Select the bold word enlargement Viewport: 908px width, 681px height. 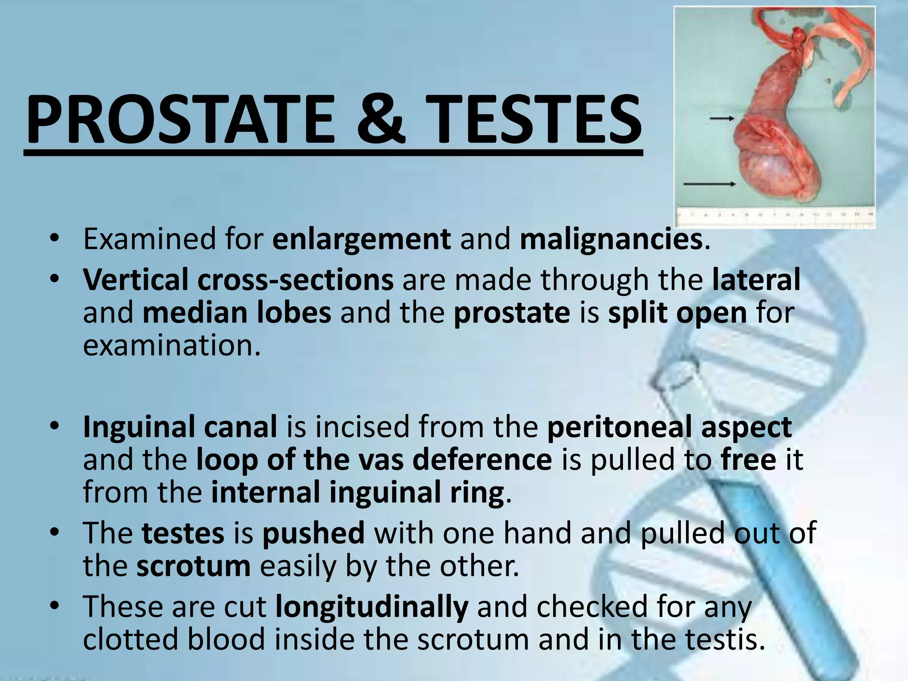361,239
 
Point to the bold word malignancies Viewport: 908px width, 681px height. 611,239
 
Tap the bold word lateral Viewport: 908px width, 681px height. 756,279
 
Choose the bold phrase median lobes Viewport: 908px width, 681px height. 237,313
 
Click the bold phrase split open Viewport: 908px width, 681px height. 677,313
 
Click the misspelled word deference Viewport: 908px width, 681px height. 482,460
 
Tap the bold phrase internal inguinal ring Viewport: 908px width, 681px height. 358,492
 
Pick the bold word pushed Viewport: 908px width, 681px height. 313,533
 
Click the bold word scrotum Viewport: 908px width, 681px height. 193,566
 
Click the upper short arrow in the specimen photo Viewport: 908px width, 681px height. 722,118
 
